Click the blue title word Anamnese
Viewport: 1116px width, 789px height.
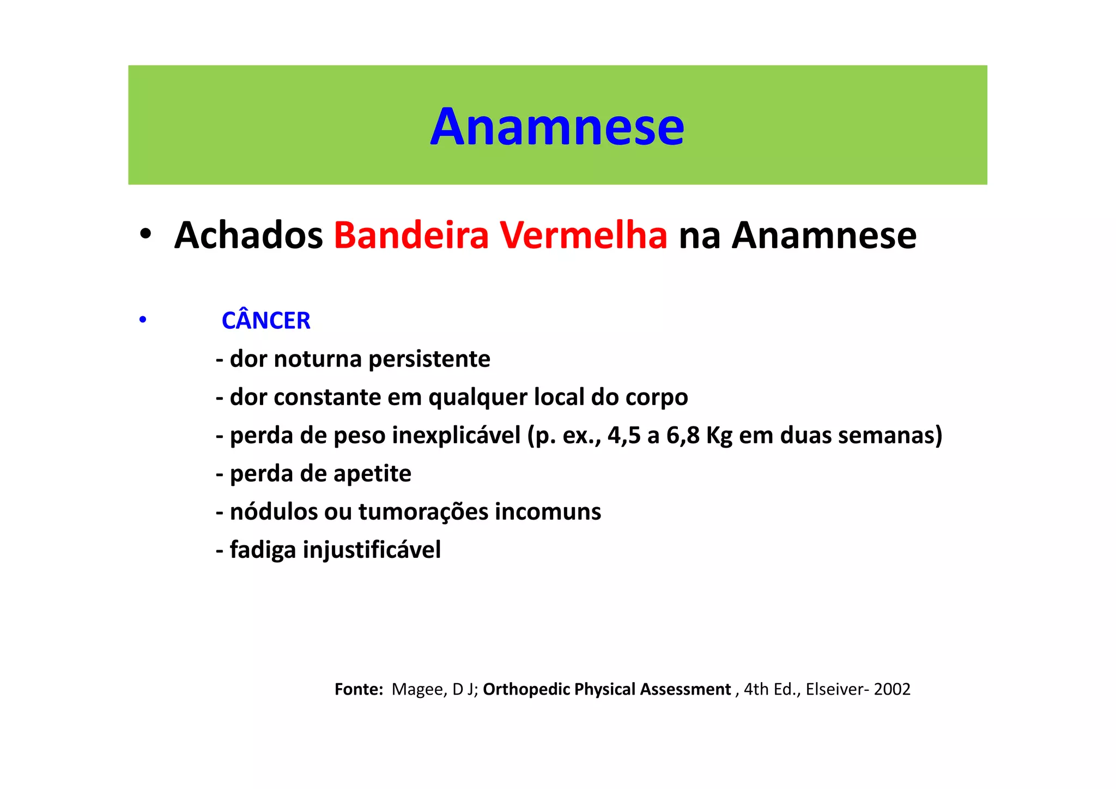(557, 127)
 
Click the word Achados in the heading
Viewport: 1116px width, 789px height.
(248, 236)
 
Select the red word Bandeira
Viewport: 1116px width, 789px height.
(411, 236)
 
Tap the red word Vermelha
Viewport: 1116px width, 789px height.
(584, 236)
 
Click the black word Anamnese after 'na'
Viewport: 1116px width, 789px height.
(824, 236)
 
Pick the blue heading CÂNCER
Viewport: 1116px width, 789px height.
(266, 321)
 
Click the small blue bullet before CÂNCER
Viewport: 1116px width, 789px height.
(143, 320)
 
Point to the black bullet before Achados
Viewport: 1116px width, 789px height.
(145, 235)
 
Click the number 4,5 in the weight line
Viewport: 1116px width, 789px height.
(624, 436)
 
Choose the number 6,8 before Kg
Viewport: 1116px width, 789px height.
(683, 436)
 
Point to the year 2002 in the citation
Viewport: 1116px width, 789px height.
(892, 690)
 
